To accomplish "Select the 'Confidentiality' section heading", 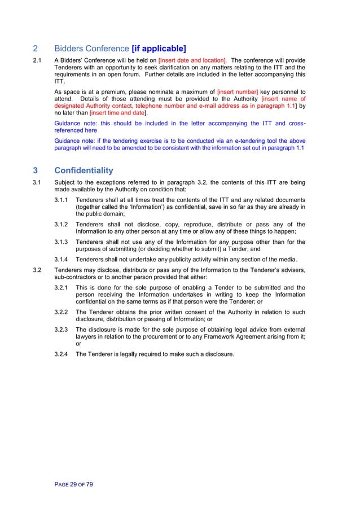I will click(84, 170).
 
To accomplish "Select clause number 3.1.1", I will click(62, 200).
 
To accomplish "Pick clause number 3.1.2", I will click(62, 224).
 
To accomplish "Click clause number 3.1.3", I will click(62, 242).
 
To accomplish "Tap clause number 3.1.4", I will click(62, 260).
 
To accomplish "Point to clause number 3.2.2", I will click(62, 311).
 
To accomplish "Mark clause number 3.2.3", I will click(62, 330).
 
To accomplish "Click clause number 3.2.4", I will click(62, 354).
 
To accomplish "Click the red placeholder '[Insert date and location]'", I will click(193, 59).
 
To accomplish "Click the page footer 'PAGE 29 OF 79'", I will click(74, 484).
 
